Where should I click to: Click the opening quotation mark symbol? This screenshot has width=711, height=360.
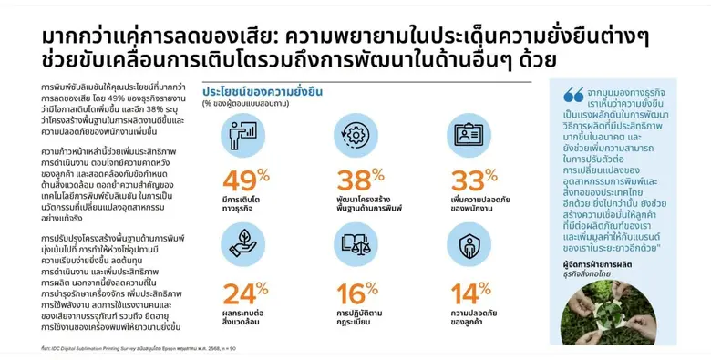pyautogui.click(x=573, y=93)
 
